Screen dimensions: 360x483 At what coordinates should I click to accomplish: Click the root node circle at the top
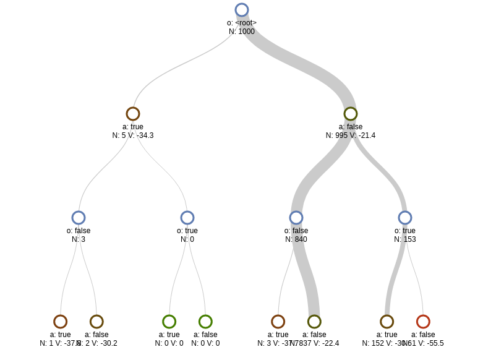(x=242, y=10)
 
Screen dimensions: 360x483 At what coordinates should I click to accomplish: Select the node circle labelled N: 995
(x=351, y=114)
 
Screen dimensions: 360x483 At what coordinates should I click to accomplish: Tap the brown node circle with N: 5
(x=133, y=114)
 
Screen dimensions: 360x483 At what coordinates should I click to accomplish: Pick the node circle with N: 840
(x=296, y=218)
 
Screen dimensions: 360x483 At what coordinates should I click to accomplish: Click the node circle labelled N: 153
(x=405, y=218)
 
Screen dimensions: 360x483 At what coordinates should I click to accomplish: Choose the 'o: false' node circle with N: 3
(x=79, y=218)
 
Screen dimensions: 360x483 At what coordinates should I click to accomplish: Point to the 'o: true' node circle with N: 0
(x=187, y=218)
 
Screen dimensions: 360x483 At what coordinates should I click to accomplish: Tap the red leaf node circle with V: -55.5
(x=423, y=322)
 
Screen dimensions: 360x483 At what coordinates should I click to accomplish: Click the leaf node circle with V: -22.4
(x=314, y=322)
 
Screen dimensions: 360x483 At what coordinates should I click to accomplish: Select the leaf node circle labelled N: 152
(x=387, y=322)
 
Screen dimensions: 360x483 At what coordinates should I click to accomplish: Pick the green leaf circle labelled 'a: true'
(x=169, y=322)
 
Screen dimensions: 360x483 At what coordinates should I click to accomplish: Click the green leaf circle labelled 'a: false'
(x=205, y=322)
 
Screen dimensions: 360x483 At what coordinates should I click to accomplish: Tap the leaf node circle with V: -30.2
(x=96, y=322)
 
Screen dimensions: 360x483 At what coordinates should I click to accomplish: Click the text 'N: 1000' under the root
(x=242, y=32)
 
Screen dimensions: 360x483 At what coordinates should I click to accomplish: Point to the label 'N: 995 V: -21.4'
(x=351, y=135)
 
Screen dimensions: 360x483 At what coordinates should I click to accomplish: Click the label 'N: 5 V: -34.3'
(x=133, y=135)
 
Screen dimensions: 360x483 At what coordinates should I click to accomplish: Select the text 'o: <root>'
(x=242, y=23)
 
